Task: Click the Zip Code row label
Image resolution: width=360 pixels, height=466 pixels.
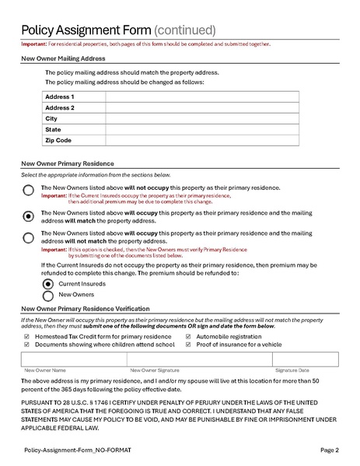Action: (x=58, y=140)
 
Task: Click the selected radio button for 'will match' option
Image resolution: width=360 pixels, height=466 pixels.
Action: (x=29, y=215)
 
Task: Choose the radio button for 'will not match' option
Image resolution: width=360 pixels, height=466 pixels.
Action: (x=29, y=237)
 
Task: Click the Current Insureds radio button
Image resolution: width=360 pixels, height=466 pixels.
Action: (x=48, y=284)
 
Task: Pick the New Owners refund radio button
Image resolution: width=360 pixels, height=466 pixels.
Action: (x=48, y=296)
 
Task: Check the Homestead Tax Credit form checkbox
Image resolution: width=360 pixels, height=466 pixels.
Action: (x=27, y=336)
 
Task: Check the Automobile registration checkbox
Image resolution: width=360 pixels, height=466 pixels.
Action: (x=189, y=336)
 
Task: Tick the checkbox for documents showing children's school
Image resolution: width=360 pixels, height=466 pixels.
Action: (x=27, y=344)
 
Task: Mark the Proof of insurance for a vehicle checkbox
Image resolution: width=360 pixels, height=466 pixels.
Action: (x=189, y=344)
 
